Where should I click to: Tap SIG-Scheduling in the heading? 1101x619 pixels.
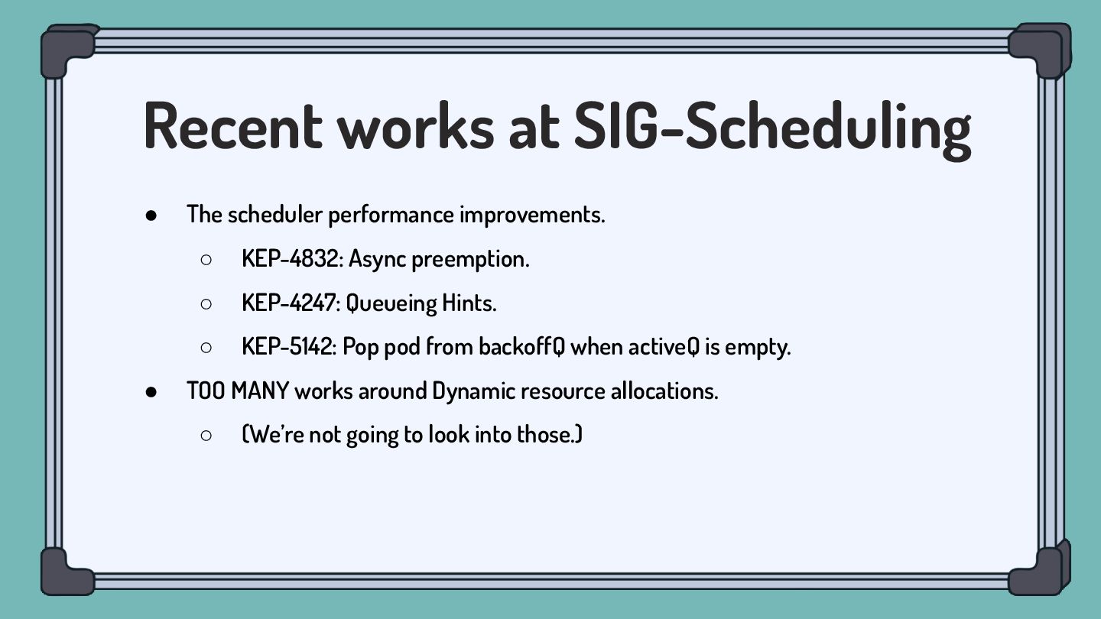773,130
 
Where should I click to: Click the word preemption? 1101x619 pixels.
470,260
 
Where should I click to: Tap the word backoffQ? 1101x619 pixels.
522,347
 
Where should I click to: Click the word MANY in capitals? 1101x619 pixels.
259,391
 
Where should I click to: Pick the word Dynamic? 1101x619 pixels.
474,391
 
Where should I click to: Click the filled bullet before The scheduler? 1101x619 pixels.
151,216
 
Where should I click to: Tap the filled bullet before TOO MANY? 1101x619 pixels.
151,392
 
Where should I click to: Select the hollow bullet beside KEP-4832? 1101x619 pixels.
206,259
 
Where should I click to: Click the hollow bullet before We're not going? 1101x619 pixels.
206,436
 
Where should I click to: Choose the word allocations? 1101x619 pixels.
664,391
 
